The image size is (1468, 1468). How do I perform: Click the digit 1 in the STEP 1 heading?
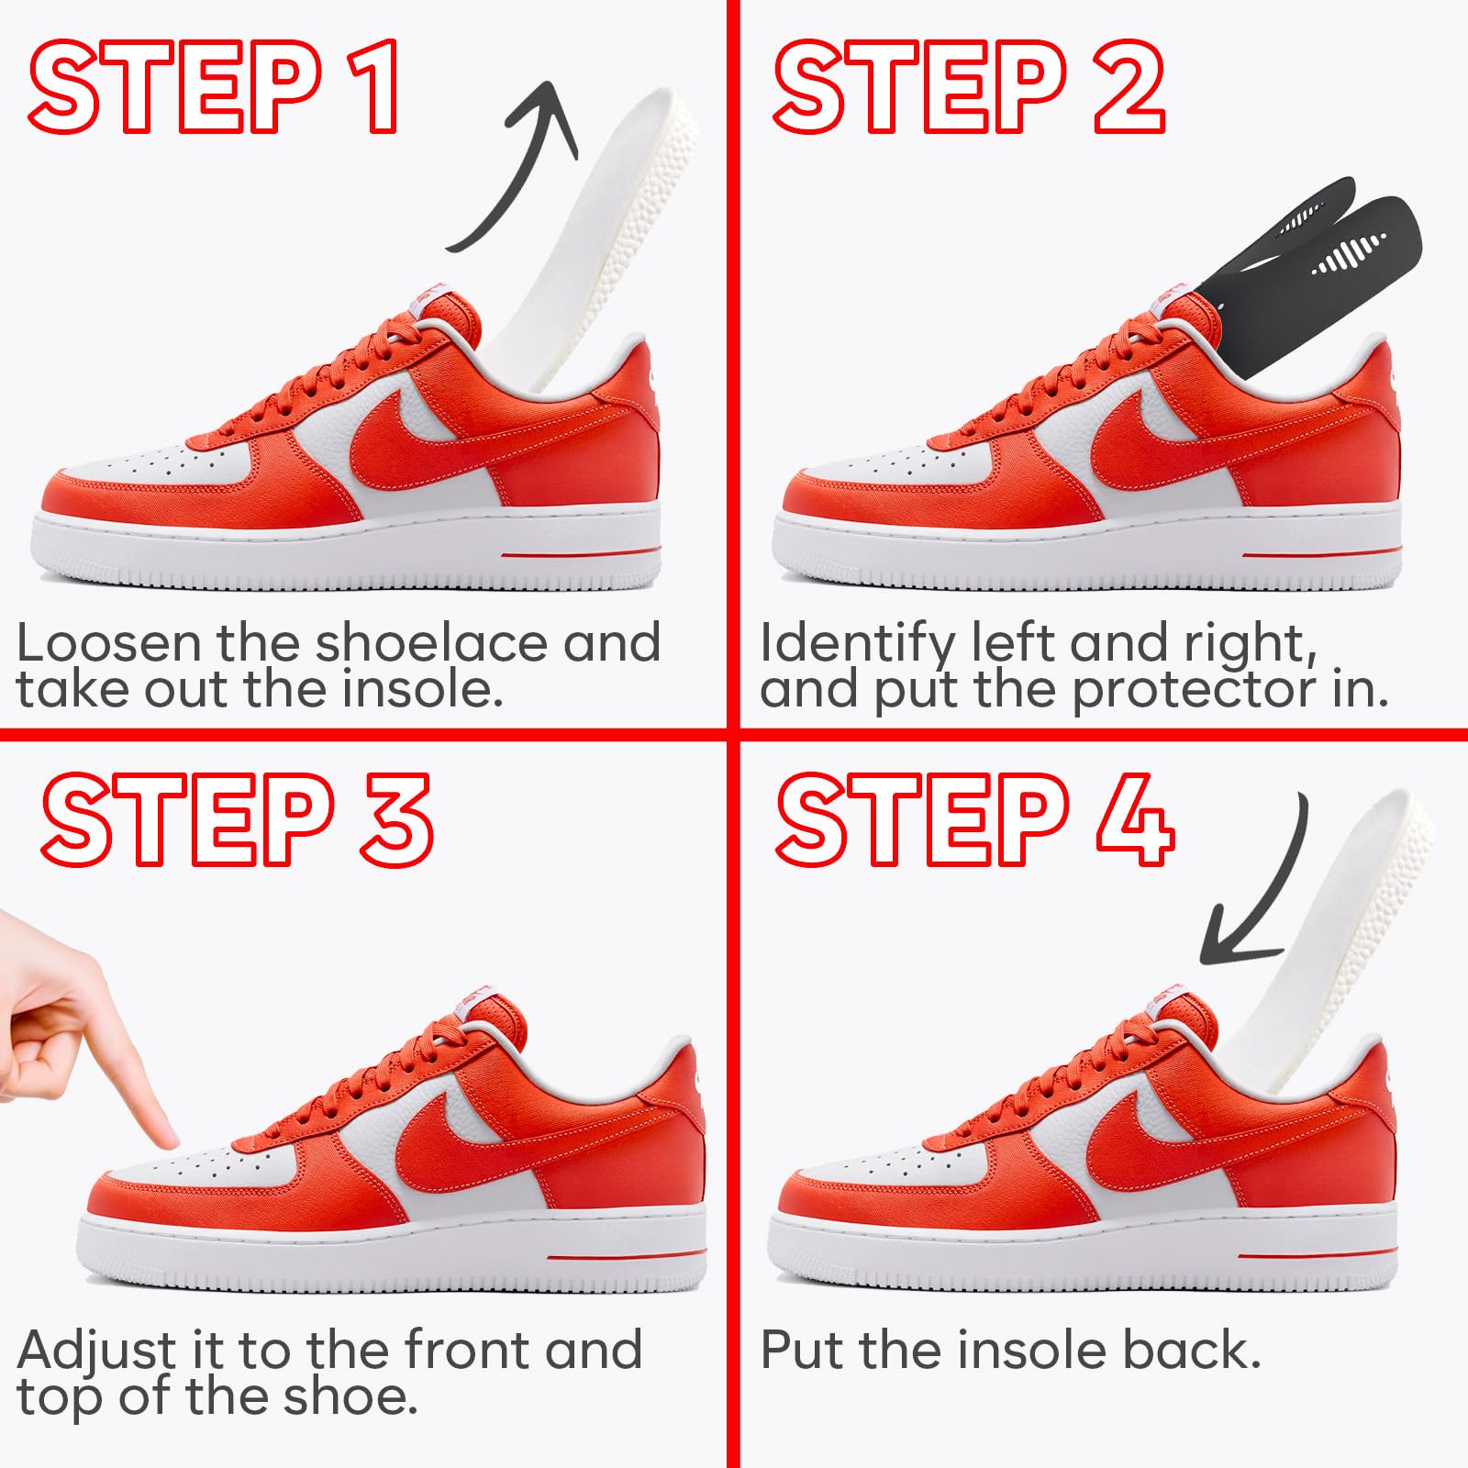tap(377, 87)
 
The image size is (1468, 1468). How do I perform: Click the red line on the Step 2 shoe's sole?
tap(1321, 553)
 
